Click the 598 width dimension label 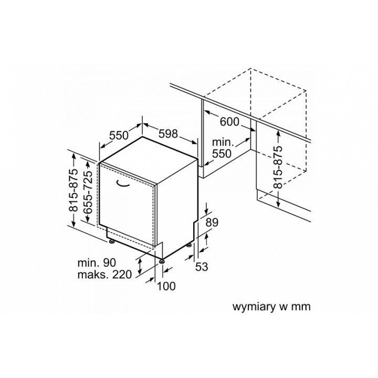point(169,134)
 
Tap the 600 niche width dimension point(229,122)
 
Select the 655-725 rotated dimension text point(89,192)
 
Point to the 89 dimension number point(212,223)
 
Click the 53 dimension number point(201,267)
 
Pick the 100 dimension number point(166,286)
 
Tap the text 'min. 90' point(97,262)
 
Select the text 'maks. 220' point(104,275)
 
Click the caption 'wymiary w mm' point(271,307)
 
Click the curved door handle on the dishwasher point(122,184)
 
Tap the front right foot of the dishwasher point(161,261)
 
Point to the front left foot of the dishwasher point(111,241)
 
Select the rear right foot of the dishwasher point(190,246)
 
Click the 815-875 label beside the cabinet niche point(278,167)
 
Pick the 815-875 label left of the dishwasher point(73,190)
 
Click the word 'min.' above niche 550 point(223,142)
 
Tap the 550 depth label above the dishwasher point(119,135)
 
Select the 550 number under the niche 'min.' point(222,153)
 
